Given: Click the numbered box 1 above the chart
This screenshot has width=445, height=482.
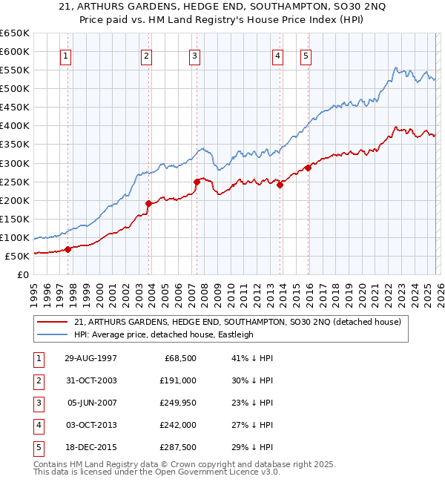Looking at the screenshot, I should (67, 56).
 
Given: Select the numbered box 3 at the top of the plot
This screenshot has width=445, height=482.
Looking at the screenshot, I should (194, 56).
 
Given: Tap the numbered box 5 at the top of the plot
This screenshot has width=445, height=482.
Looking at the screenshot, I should (306, 56).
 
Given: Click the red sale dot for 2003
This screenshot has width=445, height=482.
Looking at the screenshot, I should (149, 203).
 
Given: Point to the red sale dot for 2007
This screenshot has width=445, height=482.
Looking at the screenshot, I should (197, 182).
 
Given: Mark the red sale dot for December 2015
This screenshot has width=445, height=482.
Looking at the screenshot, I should (308, 168).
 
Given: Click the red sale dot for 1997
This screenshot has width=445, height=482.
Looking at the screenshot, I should (67, 249).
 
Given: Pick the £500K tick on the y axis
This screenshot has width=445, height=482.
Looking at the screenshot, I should (15, 89).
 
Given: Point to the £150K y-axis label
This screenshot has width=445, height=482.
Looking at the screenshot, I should (15, 219).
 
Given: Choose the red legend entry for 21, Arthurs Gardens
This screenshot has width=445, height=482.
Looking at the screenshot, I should (237, 322).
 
